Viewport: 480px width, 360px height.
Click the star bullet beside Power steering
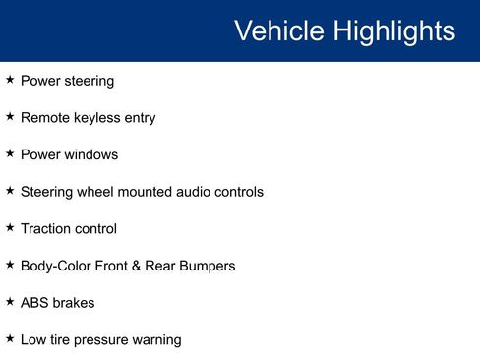tap(10, 80)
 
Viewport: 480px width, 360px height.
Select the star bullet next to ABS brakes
tap(10, 302)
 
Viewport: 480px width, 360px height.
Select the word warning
tap(157, 340)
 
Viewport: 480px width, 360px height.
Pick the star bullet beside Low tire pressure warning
tap(10, 339)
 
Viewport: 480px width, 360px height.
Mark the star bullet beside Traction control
tap(10, 228)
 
